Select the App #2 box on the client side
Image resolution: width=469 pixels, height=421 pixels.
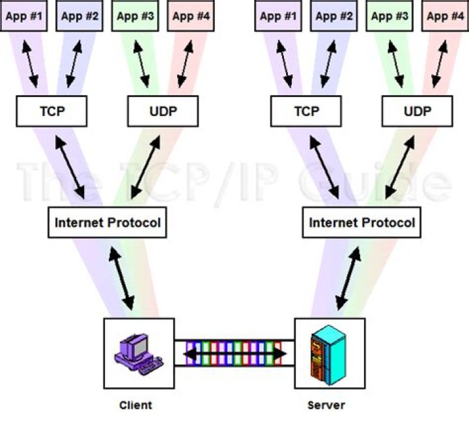79,16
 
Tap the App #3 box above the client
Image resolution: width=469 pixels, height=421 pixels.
135,16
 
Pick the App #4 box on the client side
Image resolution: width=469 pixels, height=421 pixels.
189,16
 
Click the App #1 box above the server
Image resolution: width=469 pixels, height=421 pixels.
279,16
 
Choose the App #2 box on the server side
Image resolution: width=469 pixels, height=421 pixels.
334,16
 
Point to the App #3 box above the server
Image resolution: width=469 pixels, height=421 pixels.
390,16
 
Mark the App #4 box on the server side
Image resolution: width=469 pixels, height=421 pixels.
446,16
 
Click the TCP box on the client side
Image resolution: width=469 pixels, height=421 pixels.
52,111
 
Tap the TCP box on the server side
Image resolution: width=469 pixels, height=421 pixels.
306,111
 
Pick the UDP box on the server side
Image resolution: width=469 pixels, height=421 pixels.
418,111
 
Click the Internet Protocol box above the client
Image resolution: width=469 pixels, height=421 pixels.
107,222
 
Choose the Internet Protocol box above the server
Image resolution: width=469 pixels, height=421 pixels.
362,222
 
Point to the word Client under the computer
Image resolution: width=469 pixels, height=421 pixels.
135,405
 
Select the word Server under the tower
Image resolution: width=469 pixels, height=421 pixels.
326,405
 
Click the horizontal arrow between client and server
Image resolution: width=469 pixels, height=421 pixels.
234,354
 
